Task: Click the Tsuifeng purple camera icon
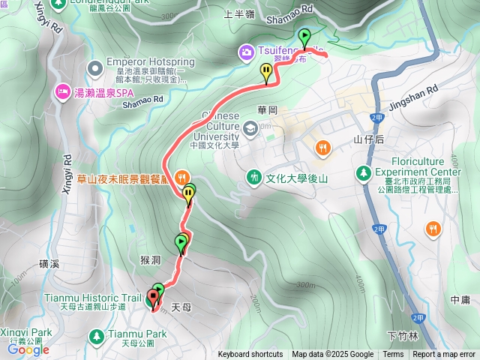click(x=246, y=52)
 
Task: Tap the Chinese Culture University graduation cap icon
click(x=248, y=129)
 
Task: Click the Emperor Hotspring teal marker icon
click(x=95, y=69)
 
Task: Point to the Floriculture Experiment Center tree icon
click(x=364, y=173)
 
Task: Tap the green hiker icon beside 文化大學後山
click(x=254, y=177)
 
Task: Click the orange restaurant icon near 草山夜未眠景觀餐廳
click(x=181, y=178)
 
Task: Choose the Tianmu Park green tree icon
click(x=95, y=334)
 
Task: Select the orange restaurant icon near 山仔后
click(x=322, y=148)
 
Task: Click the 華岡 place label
click(x=268, y=109)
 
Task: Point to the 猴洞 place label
click(x=150, y=259)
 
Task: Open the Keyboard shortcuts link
click(x=250, y=355)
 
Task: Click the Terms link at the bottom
click(x=393, y=355)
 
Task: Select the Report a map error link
click(x=444, y=355)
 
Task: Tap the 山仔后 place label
click(x=369, y=139)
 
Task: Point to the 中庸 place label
click(x=460, y=300)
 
